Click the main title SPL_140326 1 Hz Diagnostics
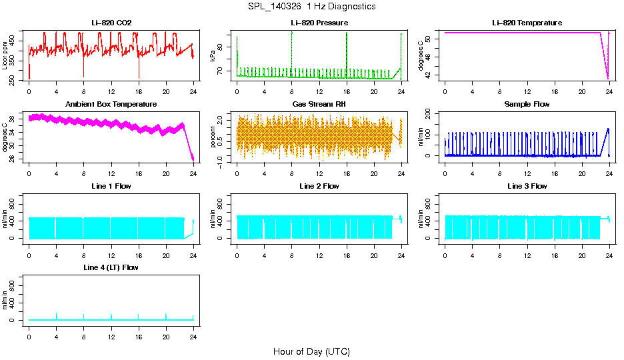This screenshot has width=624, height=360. point(311,7)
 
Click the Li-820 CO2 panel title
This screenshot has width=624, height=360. point(111,23)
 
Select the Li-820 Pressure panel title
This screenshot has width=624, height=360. point(319,23)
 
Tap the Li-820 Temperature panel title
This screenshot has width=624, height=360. point(527,23)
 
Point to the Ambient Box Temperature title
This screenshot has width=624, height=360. point(111,105)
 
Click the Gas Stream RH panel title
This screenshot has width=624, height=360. point(319,105)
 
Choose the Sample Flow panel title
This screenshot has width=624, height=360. point(527,105)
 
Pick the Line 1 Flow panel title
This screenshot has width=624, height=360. point(111,186)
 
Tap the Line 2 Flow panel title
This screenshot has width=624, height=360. point(319,186)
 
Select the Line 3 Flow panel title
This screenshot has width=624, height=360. point(527,186)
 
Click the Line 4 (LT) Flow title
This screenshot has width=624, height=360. point(111,267)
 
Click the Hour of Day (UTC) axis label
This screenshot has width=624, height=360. point(311,351)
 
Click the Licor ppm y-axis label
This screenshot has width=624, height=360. point(5,56)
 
